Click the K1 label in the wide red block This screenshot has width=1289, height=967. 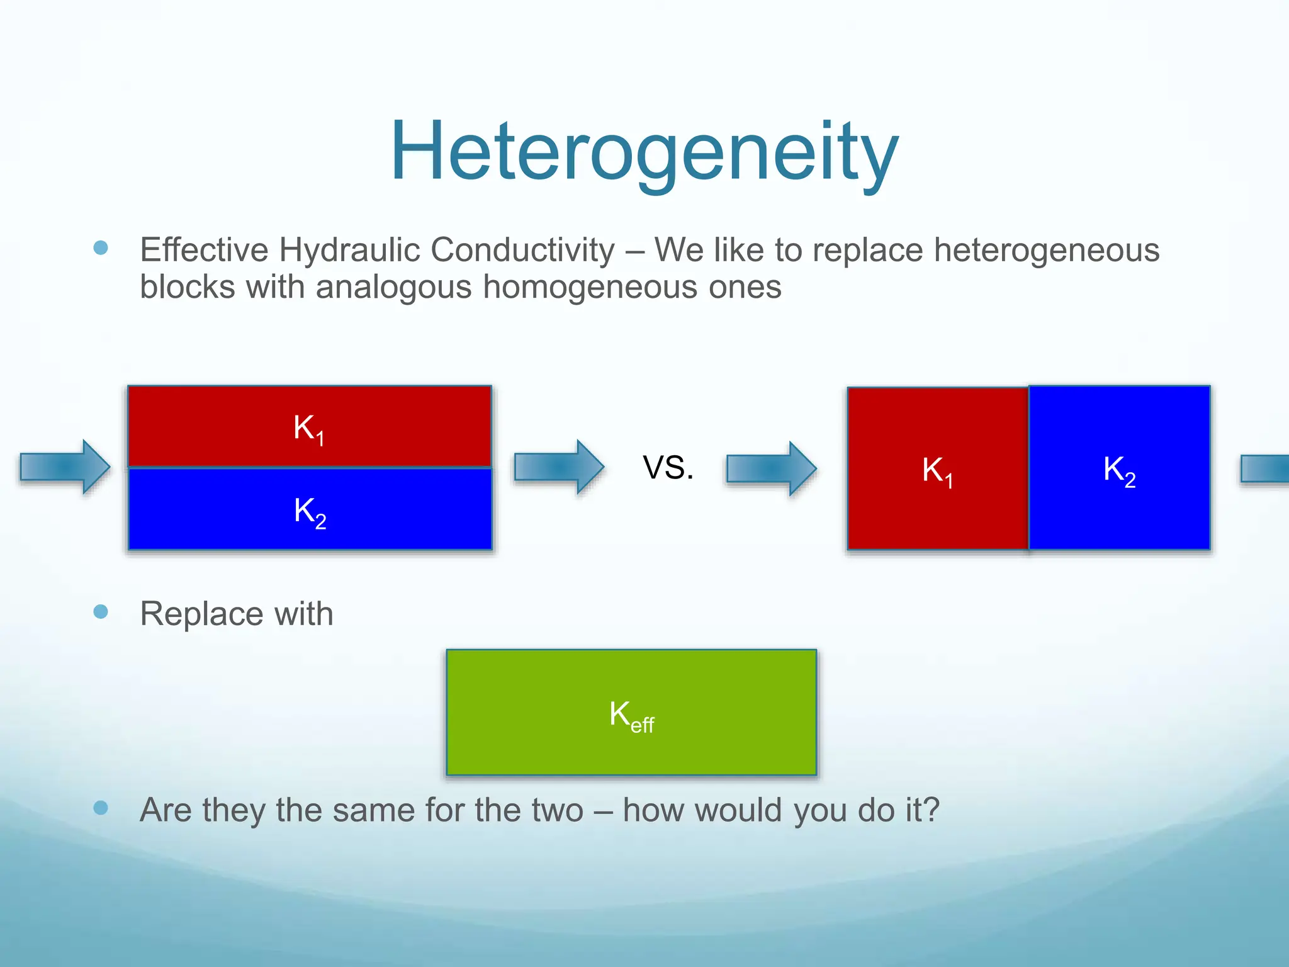(x=309, y=429)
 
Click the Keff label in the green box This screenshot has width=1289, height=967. (x=631, y=716)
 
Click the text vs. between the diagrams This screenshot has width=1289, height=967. (x=668, y=468)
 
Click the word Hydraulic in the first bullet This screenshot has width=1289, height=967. (x=349, y=250)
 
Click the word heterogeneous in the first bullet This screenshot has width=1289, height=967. (x=1046, y=250)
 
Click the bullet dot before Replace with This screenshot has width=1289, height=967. (x=101, y=611)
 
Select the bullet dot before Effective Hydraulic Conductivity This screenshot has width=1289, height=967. (x=101, y=247)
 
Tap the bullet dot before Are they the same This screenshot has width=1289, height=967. (x=101, y=808)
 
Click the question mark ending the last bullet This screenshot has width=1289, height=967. (x=931, y=810)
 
